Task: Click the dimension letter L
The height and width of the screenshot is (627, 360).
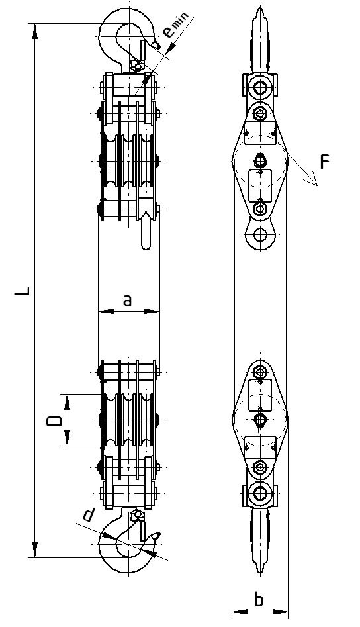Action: pyautogui.click(x=22, y=290)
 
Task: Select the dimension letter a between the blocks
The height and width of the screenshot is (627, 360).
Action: pyautogui.click(x=127, y=300)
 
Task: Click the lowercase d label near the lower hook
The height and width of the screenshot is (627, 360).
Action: pyautogui.click(x=89, y=515)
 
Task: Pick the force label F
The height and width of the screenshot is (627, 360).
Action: pyautogui.click(x=324, y=162)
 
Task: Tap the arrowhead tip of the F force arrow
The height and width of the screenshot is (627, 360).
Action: pyautogui.click(x=317, y=185)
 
